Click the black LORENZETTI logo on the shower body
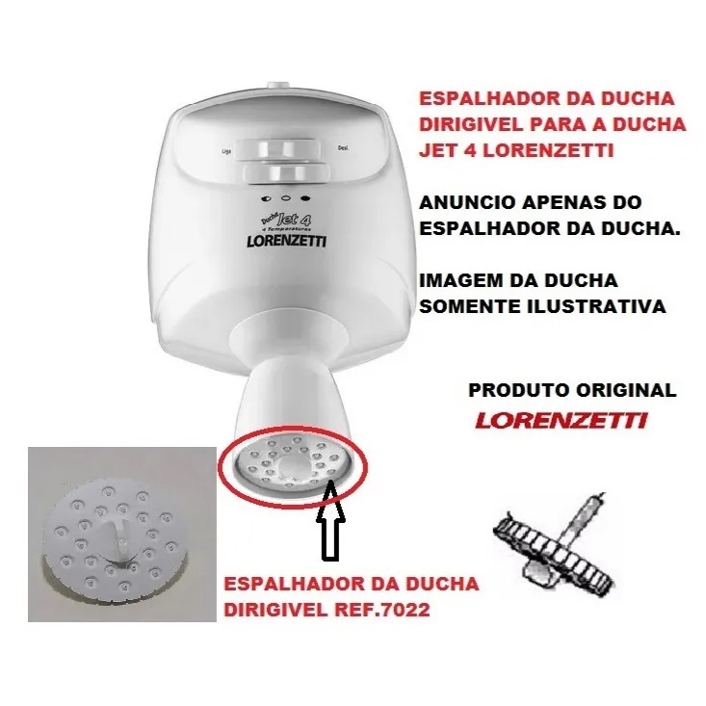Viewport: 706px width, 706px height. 287,241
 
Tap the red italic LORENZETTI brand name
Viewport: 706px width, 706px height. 561,421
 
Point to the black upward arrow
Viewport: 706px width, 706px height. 331,519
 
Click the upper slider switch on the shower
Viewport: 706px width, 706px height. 281,148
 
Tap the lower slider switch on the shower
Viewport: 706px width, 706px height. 285,173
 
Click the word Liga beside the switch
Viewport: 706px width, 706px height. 226,151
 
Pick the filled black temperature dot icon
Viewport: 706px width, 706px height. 305,197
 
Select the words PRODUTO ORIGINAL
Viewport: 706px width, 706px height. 572,390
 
